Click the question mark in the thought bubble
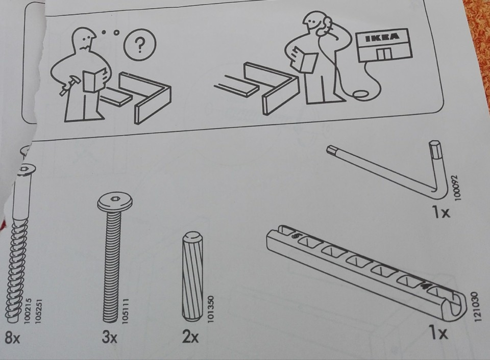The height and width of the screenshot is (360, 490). pyautogui.click(x=140, y=45)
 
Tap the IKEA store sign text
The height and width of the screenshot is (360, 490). pyautogui.click(x=383, y=37)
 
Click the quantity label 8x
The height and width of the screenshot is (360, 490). pyautogui.click(x=12, y=338)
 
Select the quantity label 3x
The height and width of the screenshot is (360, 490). pyautogui.click(x=109, y=337)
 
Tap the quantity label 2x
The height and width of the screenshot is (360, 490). pyautogui.click(x=190, y=336)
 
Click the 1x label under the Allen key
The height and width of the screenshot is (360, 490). pyautogui.click(x=442, y=213)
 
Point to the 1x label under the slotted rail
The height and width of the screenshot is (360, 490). pyautogui.click(x=439, y=333)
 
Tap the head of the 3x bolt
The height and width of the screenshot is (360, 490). pyautogui.click(x=115, y=202)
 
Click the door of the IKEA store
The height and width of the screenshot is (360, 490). pyautogui.click(x=384, y=54)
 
